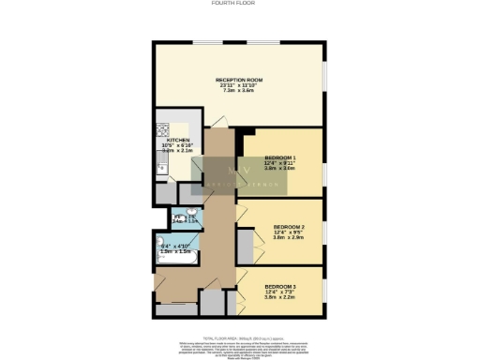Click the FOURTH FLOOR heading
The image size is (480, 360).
(x=239, y=4)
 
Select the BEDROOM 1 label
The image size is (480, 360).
(x=280, y=157)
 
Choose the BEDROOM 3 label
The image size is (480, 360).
(x=280, y=285)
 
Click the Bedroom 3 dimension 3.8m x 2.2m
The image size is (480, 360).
(x=280, y=297)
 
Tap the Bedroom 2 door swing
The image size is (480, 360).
(x=242, y=215)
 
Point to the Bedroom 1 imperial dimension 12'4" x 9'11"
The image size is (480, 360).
(x=280, y=163)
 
